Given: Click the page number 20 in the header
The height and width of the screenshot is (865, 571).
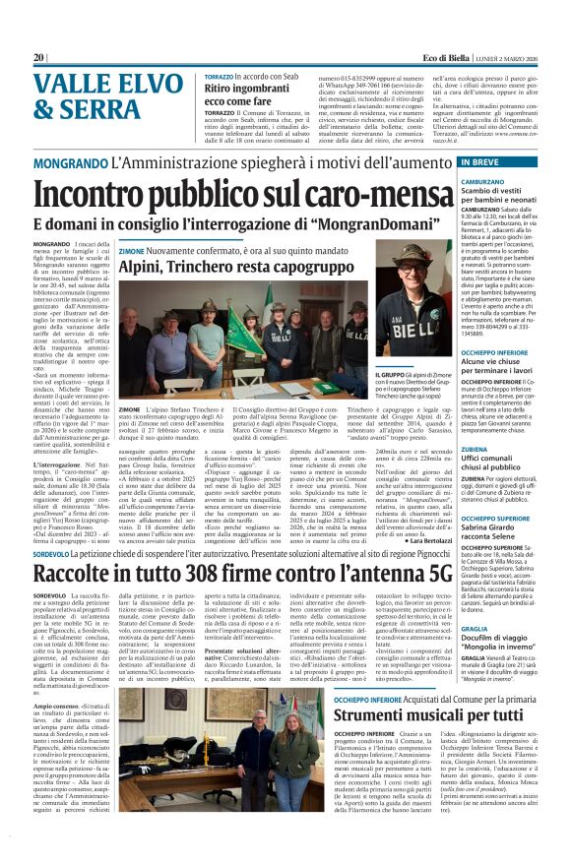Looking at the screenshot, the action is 39,58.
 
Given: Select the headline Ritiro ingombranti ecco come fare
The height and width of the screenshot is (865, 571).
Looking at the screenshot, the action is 256,93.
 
